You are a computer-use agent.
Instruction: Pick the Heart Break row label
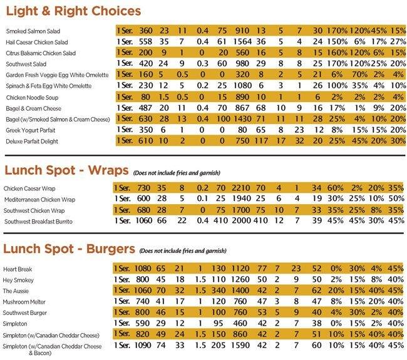pos(22,269)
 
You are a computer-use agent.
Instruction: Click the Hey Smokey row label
pos(22,280)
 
